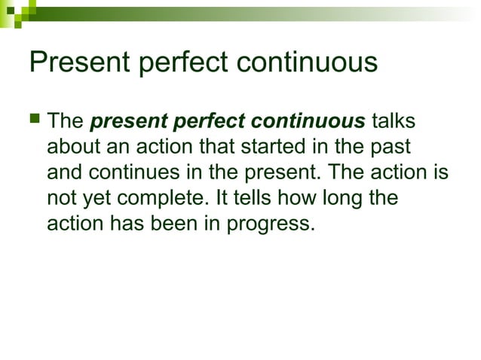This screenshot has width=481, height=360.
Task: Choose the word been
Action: click(x=187, y=223)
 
